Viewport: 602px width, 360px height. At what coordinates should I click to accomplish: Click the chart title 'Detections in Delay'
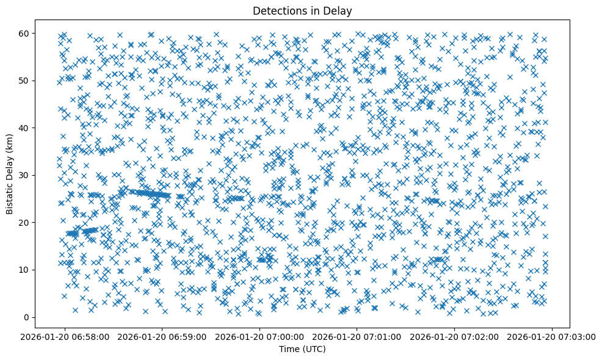[302, 10]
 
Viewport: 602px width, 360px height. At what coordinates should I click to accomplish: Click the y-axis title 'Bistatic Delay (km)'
[10, 175]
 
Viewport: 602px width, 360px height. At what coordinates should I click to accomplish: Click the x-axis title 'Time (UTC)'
[302, 349]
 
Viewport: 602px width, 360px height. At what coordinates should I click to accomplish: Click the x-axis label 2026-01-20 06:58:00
[65, 337]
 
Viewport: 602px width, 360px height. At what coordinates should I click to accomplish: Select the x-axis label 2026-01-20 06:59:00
[162, 337]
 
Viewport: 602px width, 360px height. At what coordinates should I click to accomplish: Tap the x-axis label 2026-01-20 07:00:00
[260, 337]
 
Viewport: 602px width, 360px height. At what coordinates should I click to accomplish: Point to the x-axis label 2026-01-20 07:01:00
[358, 337]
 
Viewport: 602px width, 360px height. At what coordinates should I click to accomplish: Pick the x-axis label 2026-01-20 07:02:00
[455, 337]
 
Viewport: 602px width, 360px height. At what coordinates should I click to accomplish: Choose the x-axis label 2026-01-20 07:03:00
[552, 337]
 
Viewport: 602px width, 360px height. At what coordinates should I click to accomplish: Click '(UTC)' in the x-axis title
[314, 349]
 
